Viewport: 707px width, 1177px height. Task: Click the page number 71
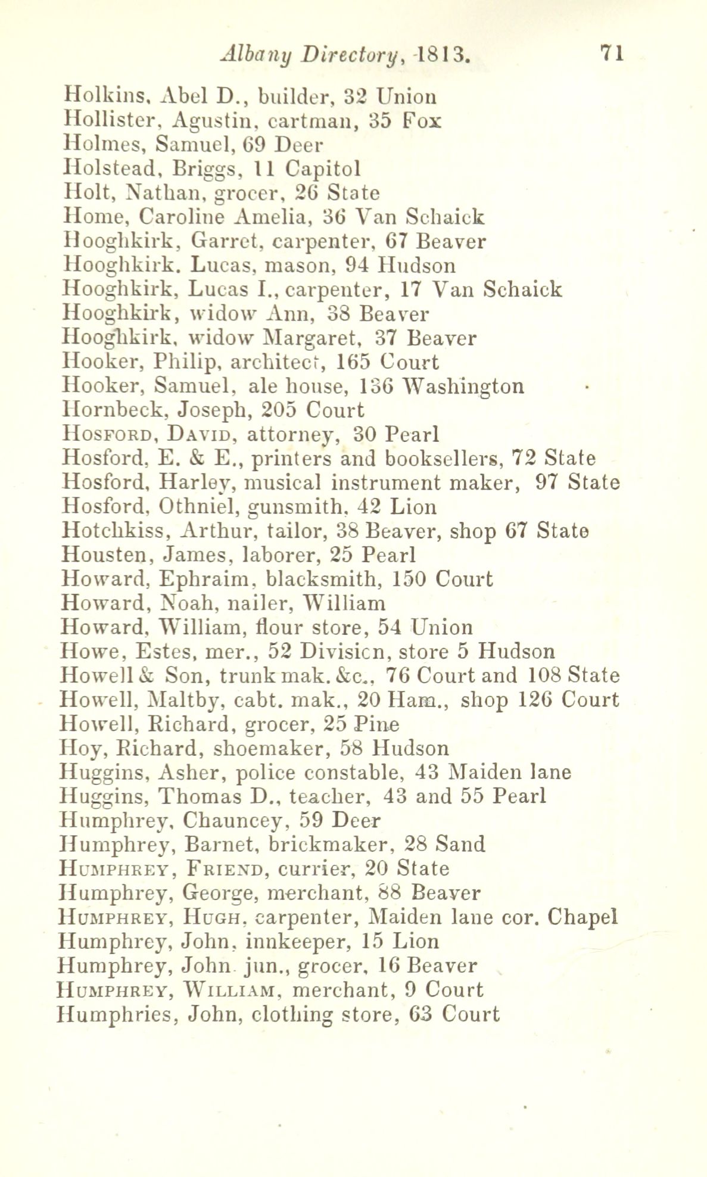point(612,54)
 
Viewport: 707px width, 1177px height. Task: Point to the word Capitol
point(323,169)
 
